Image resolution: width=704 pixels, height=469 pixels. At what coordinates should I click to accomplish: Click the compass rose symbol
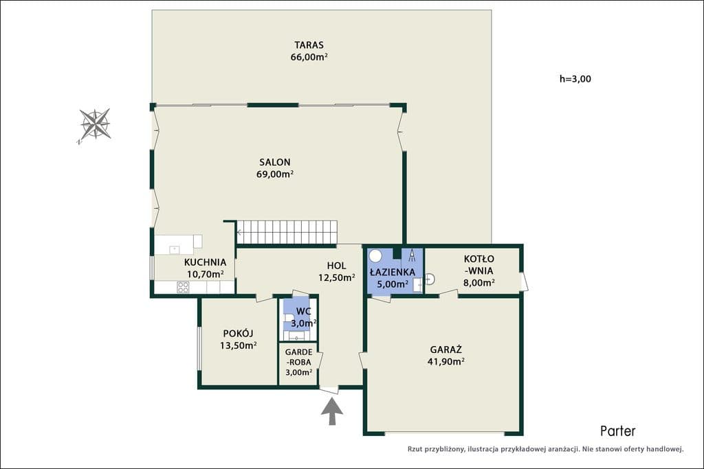[x=95, y=124]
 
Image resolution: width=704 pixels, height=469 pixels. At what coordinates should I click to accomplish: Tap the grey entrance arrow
[x=332, y=411]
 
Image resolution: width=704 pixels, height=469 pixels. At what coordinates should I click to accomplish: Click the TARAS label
[x=309, y=45]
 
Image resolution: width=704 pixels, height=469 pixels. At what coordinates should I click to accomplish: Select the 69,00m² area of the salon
[x=275, y=174]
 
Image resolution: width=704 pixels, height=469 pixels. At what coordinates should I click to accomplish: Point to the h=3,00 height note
[x=575, y=79]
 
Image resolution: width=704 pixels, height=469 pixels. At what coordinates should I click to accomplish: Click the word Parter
[x=618, y=431]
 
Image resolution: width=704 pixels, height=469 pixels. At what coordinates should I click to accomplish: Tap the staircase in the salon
[x=287, y=232]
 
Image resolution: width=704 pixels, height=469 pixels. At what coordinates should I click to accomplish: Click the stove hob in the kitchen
[x=183, y=288]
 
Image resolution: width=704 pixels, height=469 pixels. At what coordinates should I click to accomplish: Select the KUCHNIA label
[x=205, y=262]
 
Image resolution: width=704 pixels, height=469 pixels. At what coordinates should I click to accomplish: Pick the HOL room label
[x=336, y=266]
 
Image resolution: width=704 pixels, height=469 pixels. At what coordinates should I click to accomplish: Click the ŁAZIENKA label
[x=393, y=272]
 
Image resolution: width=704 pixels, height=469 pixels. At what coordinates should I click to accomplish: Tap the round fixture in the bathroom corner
[x=375, y=256]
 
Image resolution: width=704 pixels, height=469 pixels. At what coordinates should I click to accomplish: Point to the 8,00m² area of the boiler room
[x=479, y=282]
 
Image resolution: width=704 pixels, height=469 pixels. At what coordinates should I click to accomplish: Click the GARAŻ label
[x=445, y=350]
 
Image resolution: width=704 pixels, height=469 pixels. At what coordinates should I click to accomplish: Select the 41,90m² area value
[x=445, y=361]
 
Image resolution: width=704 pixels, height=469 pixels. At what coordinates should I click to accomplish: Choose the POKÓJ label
[x=238, y=334]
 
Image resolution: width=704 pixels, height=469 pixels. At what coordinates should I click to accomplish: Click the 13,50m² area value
[x=239, y=345]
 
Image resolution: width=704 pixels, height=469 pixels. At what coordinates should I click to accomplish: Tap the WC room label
[x=303, y=311]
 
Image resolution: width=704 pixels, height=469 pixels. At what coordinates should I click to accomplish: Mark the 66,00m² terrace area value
[x=309, y=57]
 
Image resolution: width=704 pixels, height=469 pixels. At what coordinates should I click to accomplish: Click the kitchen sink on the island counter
[x=174, y=250]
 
